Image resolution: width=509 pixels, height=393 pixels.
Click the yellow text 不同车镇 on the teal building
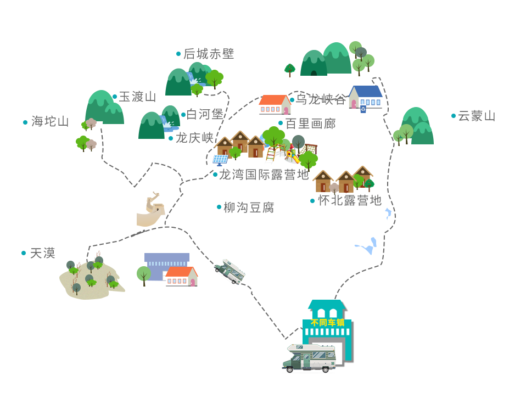[327, 322]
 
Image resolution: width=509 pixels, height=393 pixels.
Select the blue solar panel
[220, 160]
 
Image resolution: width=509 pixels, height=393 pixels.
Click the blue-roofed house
[366, 97]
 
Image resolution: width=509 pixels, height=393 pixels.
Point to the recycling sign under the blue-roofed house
[363, 110]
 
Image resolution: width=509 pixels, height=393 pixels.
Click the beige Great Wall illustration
[150, 209]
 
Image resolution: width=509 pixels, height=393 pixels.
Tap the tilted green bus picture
[229, 272]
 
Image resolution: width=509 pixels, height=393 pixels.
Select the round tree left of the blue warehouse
[144, 274]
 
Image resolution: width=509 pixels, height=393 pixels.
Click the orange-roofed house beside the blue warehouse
[181, 276]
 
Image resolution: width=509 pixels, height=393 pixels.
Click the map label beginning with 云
[477, 116]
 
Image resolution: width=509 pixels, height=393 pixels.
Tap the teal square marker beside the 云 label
[454, 116]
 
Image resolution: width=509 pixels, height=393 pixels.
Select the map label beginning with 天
[43, 253]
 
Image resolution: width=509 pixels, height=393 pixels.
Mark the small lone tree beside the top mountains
[290, 70]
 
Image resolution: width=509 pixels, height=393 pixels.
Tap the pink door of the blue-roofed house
[354, 103]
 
